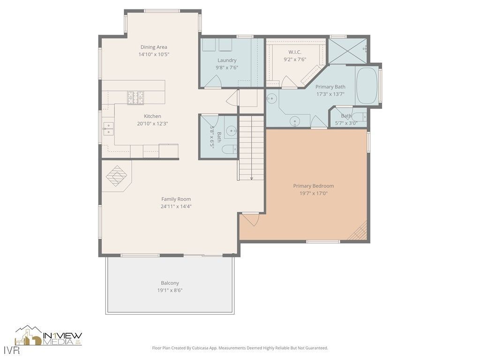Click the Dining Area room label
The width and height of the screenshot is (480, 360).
pos(154,47)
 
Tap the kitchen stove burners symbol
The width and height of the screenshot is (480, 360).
pos(136,97)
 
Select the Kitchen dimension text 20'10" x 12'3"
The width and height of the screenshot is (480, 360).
pos(152,124)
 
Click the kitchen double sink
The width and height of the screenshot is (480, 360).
pos(108,128)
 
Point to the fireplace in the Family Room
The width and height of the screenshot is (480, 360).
pos(116,176)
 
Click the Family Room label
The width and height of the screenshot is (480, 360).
pos(176,199)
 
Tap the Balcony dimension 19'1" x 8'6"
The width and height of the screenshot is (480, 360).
pos(170,290)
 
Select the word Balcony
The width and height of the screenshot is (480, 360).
pos(170,283)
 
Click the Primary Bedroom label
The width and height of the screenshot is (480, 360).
pos(313,186)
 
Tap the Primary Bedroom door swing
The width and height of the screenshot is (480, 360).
pos(250,219)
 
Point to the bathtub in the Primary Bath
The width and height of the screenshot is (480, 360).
pos(367,86)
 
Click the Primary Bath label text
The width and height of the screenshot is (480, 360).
pos(330,87)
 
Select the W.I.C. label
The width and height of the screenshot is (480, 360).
pos(294,52)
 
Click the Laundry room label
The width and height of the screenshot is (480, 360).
pos(227,60)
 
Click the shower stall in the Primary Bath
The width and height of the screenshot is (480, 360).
pos(347,51)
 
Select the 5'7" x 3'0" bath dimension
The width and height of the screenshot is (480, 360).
pos(346,123)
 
